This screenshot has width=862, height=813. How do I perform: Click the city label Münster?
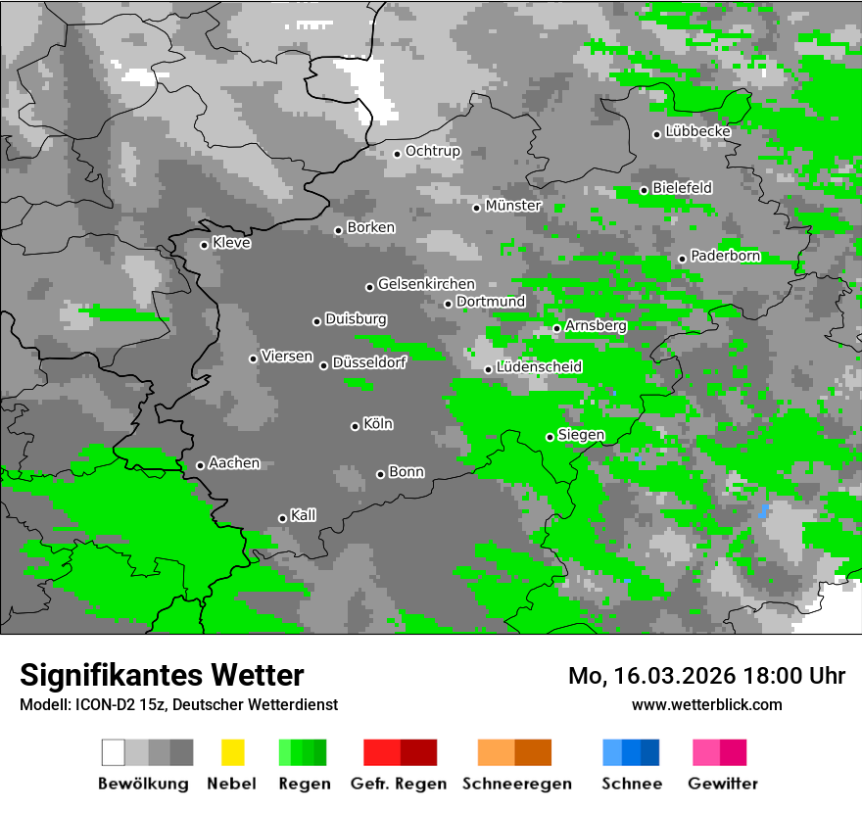(513, 206)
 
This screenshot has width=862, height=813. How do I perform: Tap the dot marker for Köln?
(355, 426)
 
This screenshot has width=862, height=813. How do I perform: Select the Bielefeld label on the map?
(683, 187)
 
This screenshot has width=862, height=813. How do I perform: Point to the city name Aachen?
(234, 463)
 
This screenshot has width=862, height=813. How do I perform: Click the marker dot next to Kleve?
(204, 245)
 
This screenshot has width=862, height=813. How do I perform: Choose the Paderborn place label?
(726, 257)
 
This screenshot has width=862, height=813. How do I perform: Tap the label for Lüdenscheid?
(540, 367)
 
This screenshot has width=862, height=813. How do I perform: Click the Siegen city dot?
(550, 437)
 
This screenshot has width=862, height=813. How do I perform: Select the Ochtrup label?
(433, 152)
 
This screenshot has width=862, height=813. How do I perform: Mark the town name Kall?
(304, 515)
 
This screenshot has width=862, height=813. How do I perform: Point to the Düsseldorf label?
(369, 362)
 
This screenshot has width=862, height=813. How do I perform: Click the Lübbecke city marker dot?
(657, 134)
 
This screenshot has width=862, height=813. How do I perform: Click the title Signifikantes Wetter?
(162, 675)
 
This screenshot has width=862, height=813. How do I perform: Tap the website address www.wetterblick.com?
(707, 704)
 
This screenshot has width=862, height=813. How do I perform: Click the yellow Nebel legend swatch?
(232, 752)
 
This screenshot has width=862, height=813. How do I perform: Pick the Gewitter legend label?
(723, 784)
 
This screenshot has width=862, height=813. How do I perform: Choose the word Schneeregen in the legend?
(517, 784)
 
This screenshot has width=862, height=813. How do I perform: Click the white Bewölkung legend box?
(114, 752)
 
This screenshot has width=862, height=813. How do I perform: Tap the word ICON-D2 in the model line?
(101, 704)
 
